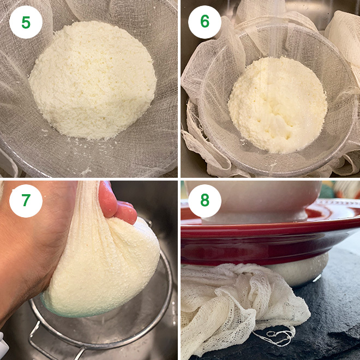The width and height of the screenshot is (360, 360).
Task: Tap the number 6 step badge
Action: tap(205, 22)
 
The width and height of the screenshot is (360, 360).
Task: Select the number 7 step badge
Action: tap(26, 201)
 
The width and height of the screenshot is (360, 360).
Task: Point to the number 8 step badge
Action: tap(205, 201)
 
